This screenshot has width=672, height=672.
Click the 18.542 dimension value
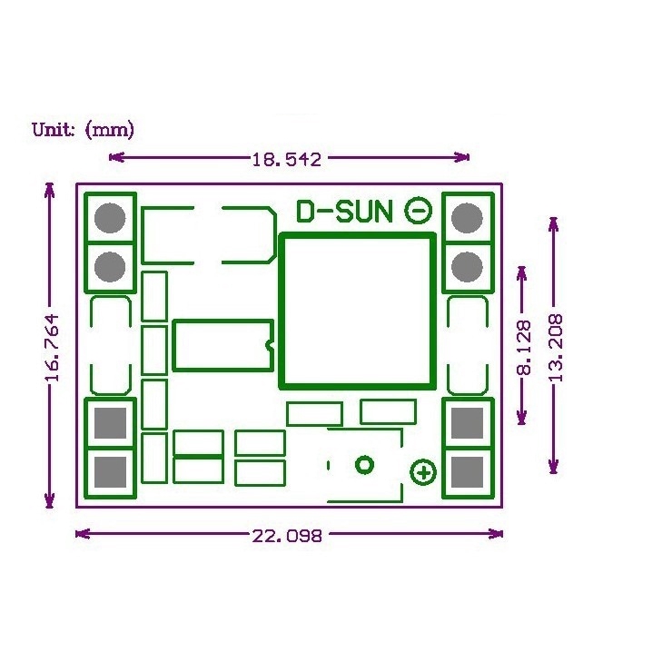tap(287, 160)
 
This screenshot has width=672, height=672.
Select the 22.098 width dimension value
tap(287, 536)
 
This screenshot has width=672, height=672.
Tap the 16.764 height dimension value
tap(53, 348)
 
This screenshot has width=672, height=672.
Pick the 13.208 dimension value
tap(555, 347)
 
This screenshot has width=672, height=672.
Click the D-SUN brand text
tap(345, 212)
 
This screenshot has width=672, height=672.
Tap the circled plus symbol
tap(424, 472)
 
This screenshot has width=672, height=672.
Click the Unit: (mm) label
tap(84, 130)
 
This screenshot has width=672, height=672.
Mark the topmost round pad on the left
tap(110, 218)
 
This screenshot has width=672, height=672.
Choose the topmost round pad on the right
tap(467, 218)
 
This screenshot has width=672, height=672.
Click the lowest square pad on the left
tap(110, 471)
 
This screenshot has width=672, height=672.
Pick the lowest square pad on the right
tap(467, 471)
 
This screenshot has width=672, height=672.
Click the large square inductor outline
tap(357, 310)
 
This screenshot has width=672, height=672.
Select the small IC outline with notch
tap(223, 345)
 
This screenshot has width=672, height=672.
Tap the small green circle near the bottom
tap(364, 465)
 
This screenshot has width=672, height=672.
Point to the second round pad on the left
tap(110, 267)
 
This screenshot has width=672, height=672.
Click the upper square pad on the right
tap(467, 422)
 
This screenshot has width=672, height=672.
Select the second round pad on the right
tap(467, 267)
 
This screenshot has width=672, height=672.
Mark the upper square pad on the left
tap(110, 422)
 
